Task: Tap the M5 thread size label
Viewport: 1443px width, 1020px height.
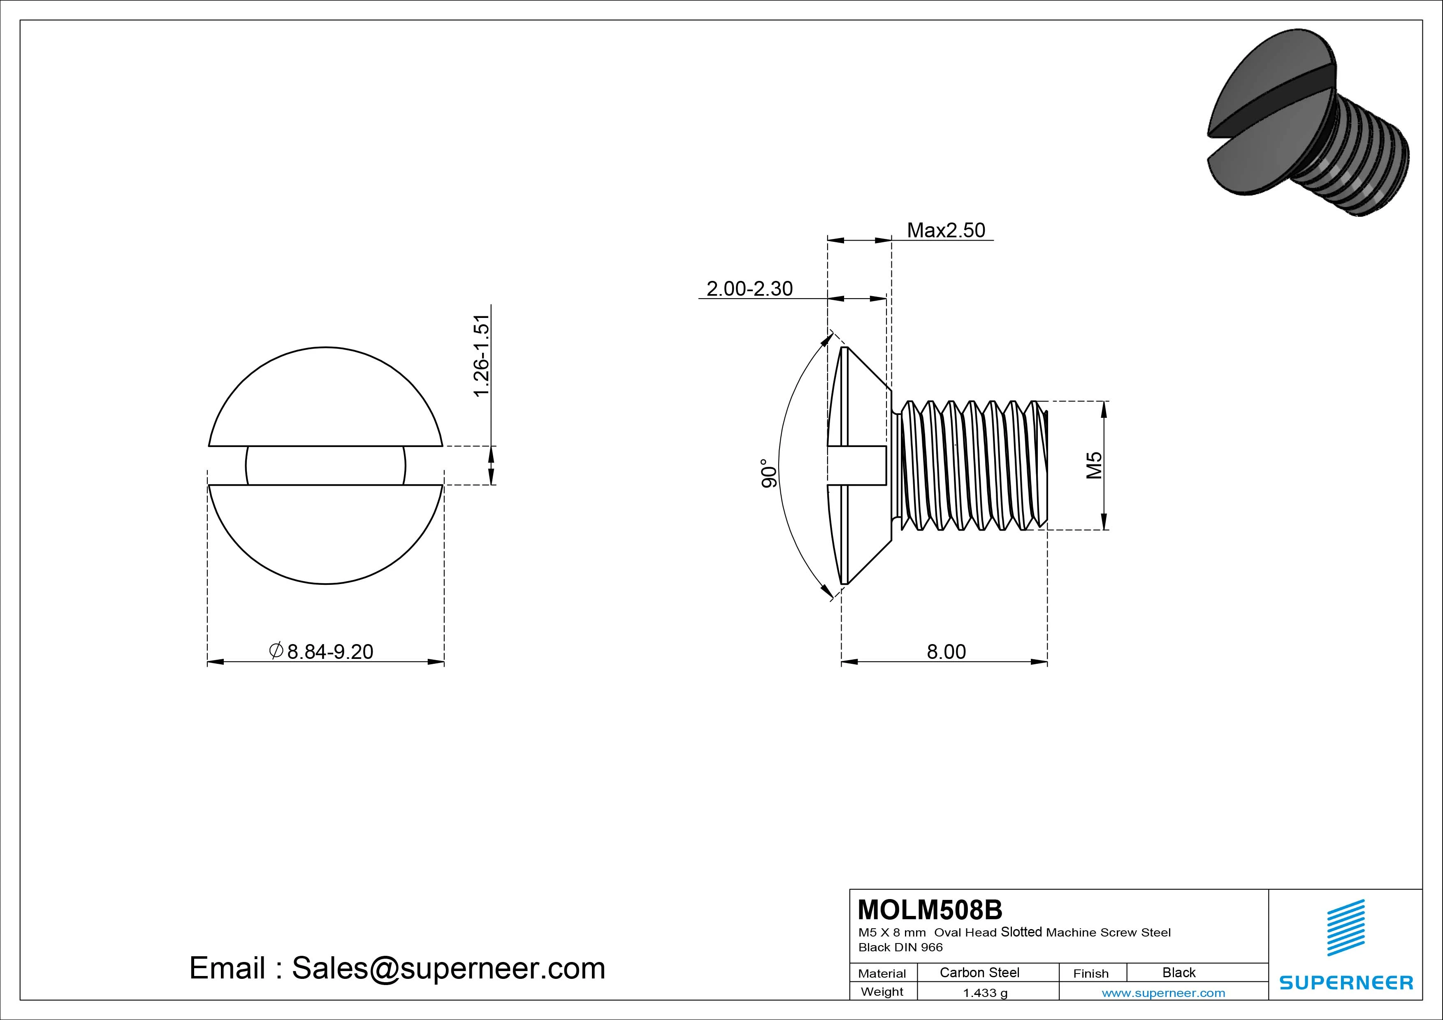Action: pyautogui.click(x=1094, y=465)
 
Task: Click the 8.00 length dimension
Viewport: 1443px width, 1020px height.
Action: pyautogui.click(x=946, y=652)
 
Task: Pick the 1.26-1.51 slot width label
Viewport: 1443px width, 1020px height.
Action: pyautogui.click(x=481, y=356)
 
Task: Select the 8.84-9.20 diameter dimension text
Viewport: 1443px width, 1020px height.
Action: pyautogui.click(x=329, y=652)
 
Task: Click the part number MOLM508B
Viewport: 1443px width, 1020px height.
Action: pyautogui.click(x=930, y=909)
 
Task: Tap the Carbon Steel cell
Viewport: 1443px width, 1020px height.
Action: pyautogui.click(x=979, y=972)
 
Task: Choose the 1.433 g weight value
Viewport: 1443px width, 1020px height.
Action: pyautogui.click(x=985, y=993)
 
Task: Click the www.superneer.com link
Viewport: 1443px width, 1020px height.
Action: pyautogui.click(x=1163, y=993)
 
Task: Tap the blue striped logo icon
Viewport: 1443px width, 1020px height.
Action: pyautogui.click(x=1346, y=927)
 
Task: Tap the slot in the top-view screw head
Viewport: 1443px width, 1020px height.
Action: pyautogui.click(x=325, y=466)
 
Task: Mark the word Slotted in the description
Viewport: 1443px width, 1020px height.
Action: pyautogui.click(x=1021, y=932)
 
